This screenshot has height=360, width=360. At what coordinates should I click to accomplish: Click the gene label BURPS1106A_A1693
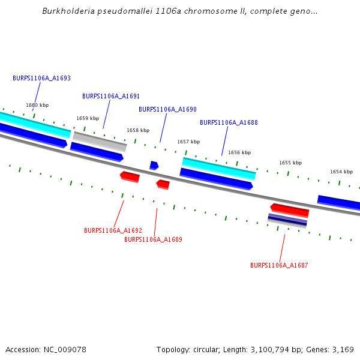(41, 78)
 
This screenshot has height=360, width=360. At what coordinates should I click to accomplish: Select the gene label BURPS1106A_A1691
(111, 96)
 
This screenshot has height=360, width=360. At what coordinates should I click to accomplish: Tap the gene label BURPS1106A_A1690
(167, 109)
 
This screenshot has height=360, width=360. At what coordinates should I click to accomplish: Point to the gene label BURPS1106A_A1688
(229, 122)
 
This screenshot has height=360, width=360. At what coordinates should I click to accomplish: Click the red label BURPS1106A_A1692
(113, 230)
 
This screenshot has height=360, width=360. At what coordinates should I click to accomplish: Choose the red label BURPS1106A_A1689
(153, 239)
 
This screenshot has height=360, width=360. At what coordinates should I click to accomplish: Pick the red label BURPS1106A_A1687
(279, 265)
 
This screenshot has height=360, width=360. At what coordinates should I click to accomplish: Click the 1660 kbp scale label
(37, 105)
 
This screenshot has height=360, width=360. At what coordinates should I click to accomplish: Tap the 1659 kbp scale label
(88, 118)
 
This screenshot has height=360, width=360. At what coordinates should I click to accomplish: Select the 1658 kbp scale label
(138, 130)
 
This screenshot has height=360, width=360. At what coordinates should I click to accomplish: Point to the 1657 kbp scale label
(188, 142)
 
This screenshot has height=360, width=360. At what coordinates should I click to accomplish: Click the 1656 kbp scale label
(239, 152)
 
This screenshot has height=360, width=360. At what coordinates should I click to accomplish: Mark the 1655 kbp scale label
(290, 163)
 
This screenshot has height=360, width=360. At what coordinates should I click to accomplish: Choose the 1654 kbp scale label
(341, 172)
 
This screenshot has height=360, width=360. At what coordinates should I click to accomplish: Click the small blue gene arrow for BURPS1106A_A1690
(154, 165)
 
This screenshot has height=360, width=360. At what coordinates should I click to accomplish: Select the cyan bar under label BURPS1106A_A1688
(219, 168)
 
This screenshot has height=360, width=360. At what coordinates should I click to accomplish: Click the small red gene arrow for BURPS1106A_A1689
(163, 184)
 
